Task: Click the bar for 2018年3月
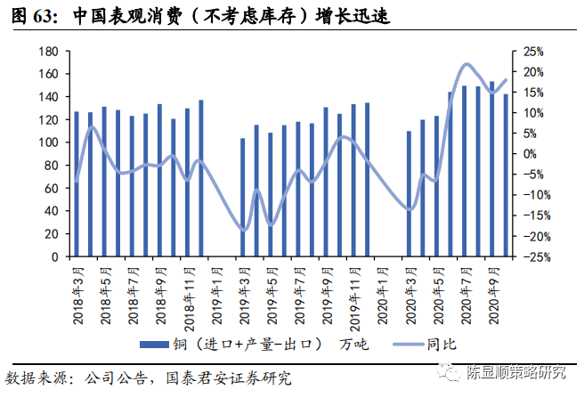coord(77,184)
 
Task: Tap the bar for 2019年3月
coord(242,198)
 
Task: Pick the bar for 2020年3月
coord(409,194)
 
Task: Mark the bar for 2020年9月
coord(491,169)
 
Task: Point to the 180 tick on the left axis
coord(49,51)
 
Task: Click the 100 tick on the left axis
coord(49,142)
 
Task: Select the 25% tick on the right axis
coord(533,51)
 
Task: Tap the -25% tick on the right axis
coord(533,257)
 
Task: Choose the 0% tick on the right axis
coord(533,154)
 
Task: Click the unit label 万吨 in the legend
coord(350,344)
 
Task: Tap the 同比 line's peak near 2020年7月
coord(466,64)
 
